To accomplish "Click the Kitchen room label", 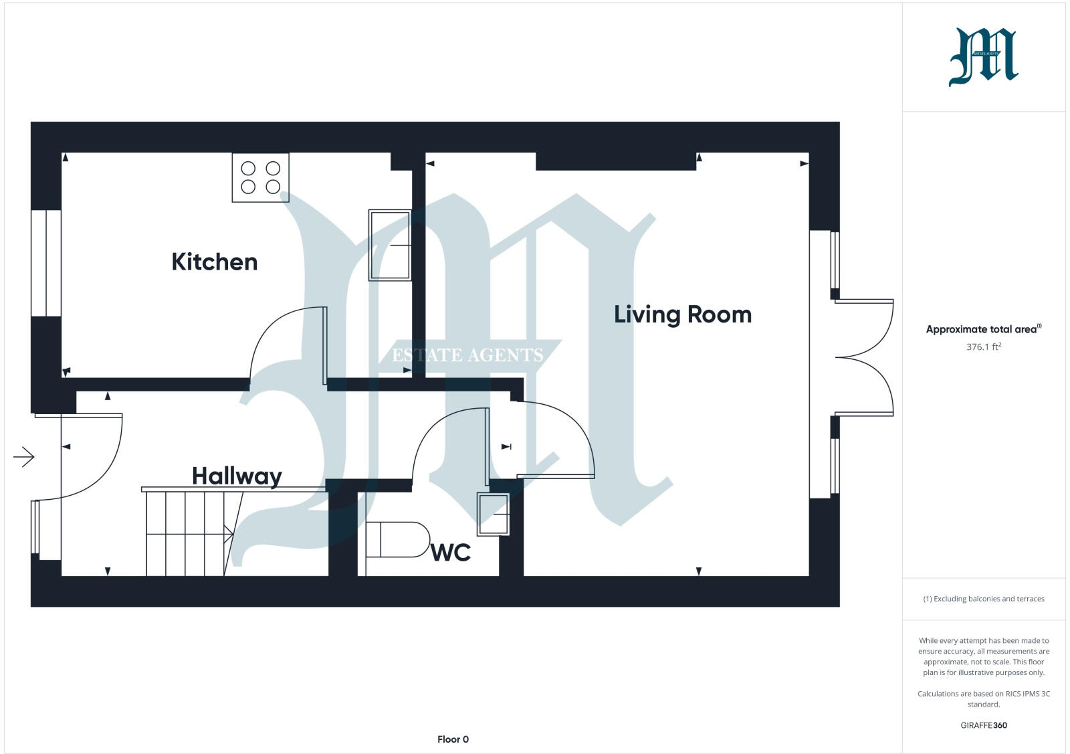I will coord(215,262).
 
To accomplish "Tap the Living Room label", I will coord(683,314).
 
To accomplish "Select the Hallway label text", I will coord(237,476).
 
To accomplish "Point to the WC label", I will coord(451,553).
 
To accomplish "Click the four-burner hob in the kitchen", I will coord(261,177).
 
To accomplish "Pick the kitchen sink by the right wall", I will coord(390,245).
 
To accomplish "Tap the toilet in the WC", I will coord(397,539).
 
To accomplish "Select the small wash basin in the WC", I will coord(493,514).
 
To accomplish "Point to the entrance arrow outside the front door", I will coord(24,457).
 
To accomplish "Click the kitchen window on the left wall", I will coord(46,263).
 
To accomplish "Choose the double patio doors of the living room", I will coord(864,358).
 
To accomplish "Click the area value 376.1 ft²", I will coord(983,347).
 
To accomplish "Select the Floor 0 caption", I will coord(453,739).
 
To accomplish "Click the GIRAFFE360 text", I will coord(983,725).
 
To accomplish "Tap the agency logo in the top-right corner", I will coord(983,57).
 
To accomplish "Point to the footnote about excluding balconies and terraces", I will coord(983,599).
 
